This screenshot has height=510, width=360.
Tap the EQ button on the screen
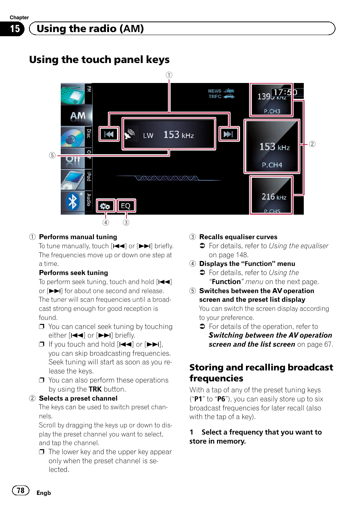pos(126,206)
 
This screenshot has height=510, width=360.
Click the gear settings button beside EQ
pos(105,206)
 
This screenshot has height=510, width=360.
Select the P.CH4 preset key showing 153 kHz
pos(272,147)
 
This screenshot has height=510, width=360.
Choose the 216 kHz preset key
pos(271,196)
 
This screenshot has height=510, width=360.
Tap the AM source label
pos(78,116)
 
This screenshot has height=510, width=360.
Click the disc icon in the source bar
pos(72,138)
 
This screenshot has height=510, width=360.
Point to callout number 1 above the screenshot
pos(169,75)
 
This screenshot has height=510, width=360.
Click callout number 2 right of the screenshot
pos(312,144)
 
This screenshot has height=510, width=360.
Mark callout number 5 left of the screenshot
pos(52,155)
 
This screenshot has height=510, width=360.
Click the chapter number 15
pos(15,29)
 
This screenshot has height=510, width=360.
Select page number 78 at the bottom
pos(21,490)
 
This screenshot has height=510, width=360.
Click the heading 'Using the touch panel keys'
pos(99,60)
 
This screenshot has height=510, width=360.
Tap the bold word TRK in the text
pos(95,389)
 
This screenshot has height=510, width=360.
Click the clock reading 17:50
pos(285,92)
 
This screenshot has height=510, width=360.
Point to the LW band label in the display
pos(148,135)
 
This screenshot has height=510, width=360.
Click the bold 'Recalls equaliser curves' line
pos(238,237)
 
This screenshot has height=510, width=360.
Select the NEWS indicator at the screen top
pos(215,91)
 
